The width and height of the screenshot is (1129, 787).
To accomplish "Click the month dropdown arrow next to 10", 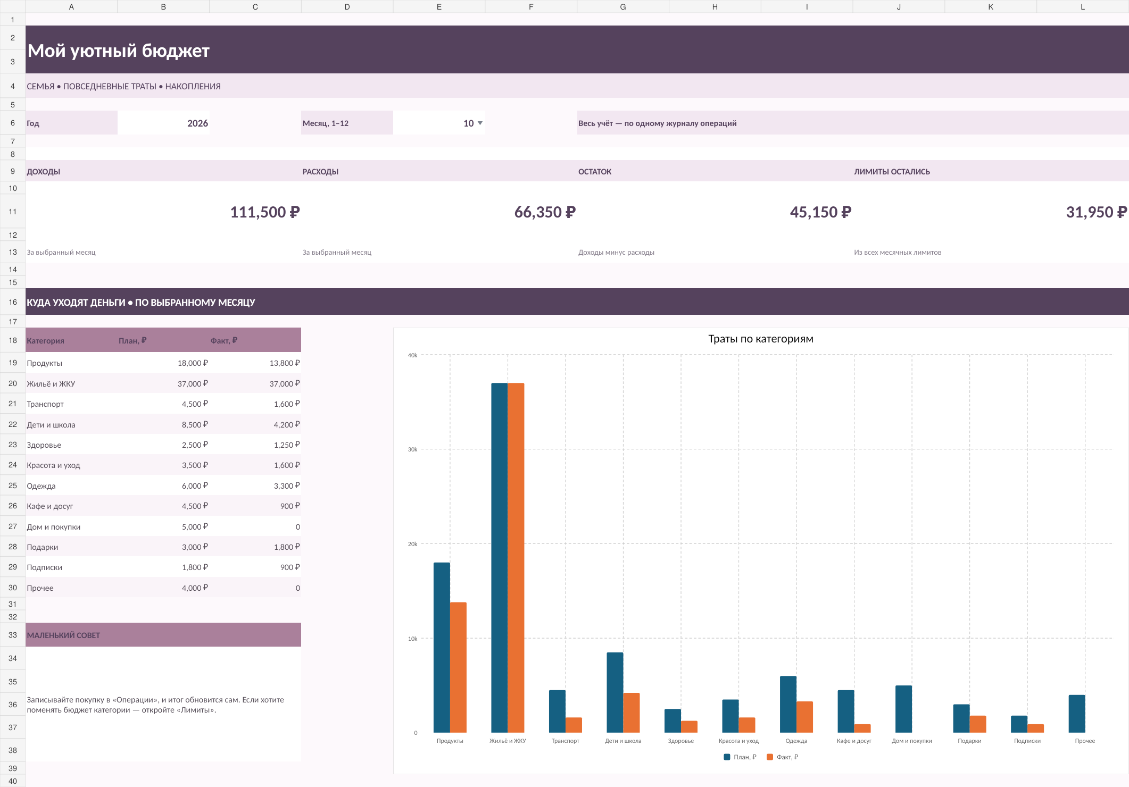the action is [480, 123].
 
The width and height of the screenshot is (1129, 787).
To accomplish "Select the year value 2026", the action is [197, 123].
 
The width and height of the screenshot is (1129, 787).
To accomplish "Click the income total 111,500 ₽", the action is [265, 212].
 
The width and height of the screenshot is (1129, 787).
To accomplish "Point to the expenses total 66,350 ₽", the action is [545, 212].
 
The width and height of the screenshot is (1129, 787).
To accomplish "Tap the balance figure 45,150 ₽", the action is [820, 212].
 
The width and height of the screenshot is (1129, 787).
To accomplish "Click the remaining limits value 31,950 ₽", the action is [1096, 212].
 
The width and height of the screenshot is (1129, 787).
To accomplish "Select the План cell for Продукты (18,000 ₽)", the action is [193, 363].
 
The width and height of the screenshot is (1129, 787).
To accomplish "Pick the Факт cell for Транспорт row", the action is [287, 404].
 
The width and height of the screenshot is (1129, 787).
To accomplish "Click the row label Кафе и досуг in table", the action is [50, 506].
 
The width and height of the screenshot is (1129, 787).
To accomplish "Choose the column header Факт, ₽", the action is [224, 340].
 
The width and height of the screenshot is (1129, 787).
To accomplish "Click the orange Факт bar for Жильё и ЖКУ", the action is [516, 558].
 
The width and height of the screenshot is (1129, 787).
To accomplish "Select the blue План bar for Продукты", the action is [442, 648].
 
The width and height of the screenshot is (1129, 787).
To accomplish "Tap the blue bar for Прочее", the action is [1077, 714].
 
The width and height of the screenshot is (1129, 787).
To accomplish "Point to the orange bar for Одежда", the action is [804, 717].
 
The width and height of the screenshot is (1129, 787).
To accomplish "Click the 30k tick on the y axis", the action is [412, 449].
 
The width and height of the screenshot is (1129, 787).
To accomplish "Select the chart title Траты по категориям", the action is [761, 339].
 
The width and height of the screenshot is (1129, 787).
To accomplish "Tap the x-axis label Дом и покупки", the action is [912, 741].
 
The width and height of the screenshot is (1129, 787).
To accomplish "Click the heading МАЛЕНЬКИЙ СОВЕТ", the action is [63, 635].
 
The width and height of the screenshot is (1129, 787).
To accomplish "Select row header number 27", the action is [13, 526].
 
